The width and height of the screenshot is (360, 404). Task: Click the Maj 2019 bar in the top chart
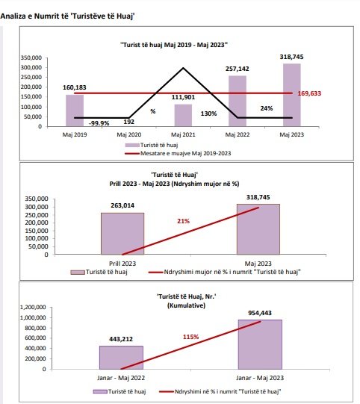tap(75, 111)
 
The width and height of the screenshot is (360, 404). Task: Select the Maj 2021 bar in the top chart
tap(183, 115)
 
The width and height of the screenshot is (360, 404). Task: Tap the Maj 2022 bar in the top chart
tap(238, 101)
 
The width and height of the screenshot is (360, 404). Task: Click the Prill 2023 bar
tap(122, 234)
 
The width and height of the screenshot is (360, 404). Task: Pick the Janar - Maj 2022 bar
tap(121, 358)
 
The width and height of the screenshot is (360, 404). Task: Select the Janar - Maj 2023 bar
tap(260, 344)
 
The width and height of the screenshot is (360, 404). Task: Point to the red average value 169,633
tap(309, 93)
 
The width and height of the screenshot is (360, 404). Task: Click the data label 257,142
tap(238, 69)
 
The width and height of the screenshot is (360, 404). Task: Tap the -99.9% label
tap(99, 123)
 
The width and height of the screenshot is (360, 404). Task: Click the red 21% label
tap(184, 221)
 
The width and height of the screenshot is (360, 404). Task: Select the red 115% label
tap(190, 337)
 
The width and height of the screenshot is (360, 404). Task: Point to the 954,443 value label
tap(260, 313)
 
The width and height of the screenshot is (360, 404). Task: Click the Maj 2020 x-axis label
tap(129, 134)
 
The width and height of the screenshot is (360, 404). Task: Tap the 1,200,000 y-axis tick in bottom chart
tap(33, 307)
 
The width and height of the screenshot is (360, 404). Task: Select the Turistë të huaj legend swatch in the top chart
tap(132, 146)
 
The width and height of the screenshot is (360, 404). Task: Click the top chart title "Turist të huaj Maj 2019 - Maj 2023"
tap(174, 45)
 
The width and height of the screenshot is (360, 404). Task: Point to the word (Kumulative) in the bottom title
tap(186, 305)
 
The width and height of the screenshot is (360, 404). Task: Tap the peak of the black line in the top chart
tap(183, 68)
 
